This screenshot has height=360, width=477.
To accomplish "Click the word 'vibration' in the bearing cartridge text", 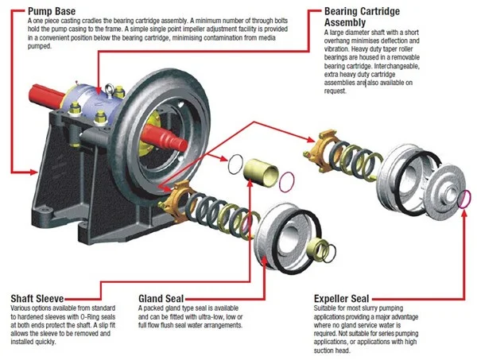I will (x=342, y=48).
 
